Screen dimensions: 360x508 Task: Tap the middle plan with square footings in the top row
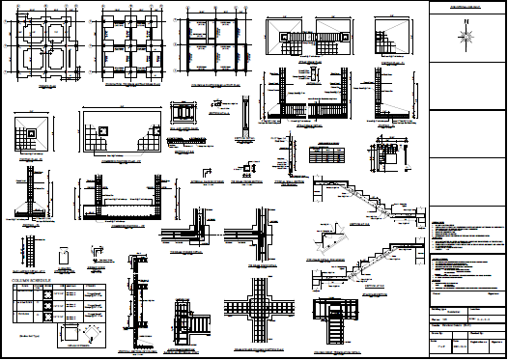click(131, 46)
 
